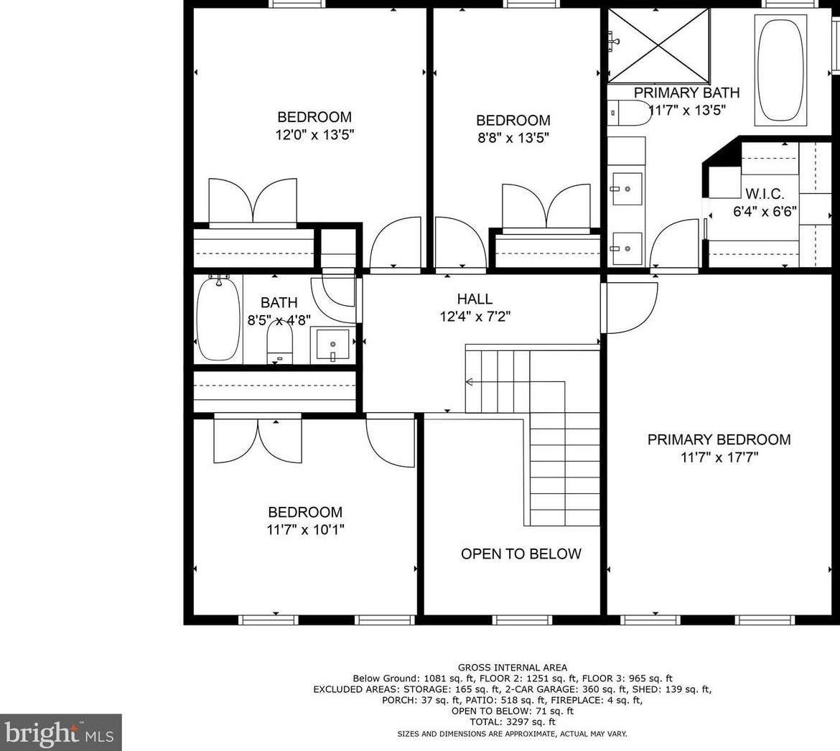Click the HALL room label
coord(475,299)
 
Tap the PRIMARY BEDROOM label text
coord(719,439)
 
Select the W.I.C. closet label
coord(764,194)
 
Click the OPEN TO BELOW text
coord(521,554)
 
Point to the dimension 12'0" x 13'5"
coord(314,134)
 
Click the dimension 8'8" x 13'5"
coord(513,138)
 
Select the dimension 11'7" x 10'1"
coord(304,530)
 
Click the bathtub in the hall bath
coord(218,319)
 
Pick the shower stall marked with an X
coord(658,46)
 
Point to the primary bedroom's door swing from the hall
coord(630,307)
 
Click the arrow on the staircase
coord(470,381)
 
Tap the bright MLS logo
coord(60,732)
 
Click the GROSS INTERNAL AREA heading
coord(512,667)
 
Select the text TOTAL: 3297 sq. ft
coord(512,722)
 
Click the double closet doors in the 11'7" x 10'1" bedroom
coord(258,440)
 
